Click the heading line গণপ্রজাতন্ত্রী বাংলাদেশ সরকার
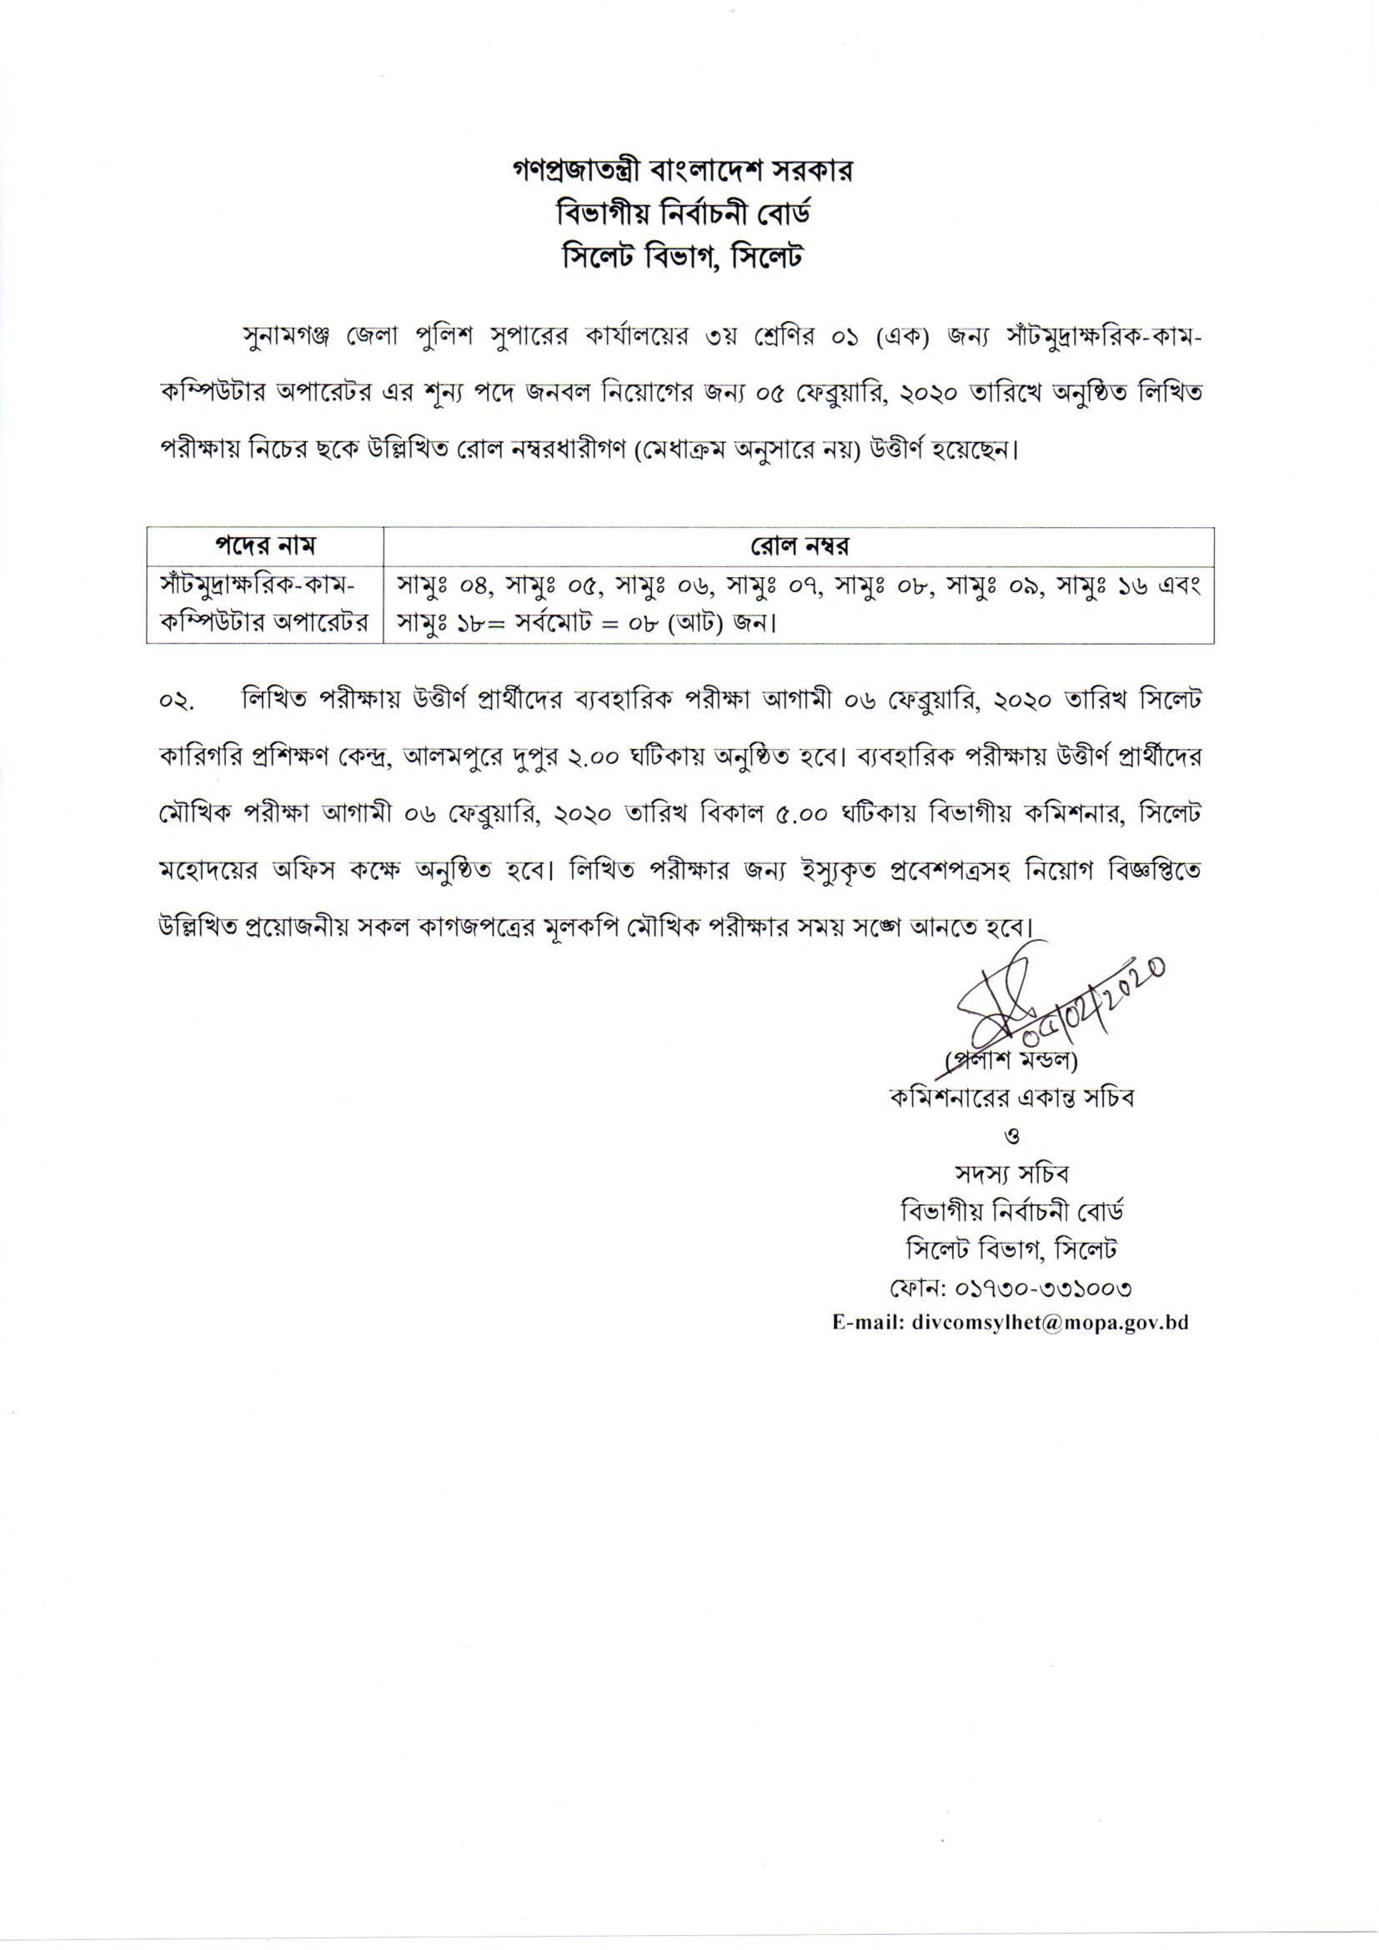coord(683,172)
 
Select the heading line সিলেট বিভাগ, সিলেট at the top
coord(683,256)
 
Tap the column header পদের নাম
coord(265,545)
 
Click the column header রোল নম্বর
coord(798,545)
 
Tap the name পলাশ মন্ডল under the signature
coord(1012,1061)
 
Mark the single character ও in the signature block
coord(1011,1136)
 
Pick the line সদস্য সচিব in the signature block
coord(1011,1174)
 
